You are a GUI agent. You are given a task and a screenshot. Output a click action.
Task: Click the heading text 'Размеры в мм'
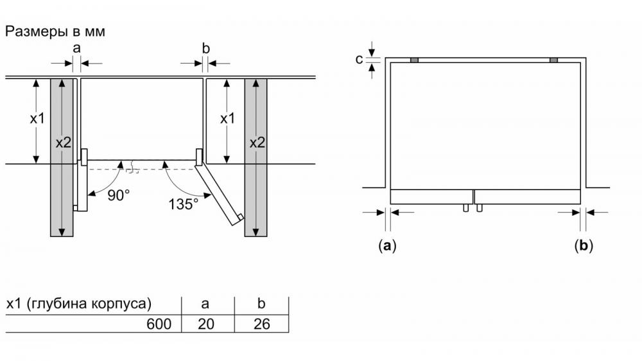(55, 31)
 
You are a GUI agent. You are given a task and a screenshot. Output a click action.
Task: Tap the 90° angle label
(118, 195)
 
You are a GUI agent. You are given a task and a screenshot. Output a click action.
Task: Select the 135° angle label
(183, 204)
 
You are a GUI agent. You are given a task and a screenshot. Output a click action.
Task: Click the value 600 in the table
(159, 324)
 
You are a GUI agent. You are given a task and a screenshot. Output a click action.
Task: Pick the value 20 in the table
(206, 324)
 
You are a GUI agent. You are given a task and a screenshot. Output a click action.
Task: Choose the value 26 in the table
(262, 324)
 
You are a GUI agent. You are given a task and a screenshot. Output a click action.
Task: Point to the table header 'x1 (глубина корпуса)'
(78, 304)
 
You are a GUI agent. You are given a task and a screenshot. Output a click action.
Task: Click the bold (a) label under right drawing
(387, 245)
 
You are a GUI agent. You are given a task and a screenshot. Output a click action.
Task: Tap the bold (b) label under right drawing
(584, 245)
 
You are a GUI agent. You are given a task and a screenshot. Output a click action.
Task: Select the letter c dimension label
(359, 59)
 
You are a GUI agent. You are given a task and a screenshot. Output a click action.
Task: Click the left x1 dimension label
(37, 119)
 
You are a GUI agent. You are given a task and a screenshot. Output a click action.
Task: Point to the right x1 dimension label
(227, 119)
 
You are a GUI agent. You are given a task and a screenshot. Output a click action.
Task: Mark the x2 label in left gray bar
(64, 143)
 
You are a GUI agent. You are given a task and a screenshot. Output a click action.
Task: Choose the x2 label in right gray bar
(257, 143)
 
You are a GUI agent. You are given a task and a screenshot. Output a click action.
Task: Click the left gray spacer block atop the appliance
(414, 60)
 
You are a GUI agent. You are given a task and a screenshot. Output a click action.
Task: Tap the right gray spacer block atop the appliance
(553, 60)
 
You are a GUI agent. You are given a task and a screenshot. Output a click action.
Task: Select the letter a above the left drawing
(76, 48)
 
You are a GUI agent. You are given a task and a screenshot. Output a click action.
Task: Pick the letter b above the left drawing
(205, 48)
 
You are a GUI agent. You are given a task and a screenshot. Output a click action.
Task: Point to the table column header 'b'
(261, 303)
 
